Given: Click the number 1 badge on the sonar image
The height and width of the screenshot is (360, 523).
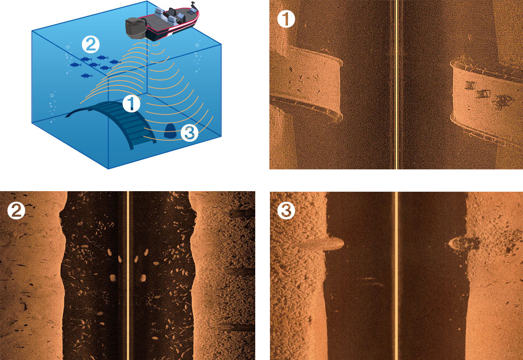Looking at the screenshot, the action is click(286, 18).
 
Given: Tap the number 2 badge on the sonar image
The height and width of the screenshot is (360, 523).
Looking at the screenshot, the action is click(16, 210).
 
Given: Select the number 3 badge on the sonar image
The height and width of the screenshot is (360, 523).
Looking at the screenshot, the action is click(286, 210).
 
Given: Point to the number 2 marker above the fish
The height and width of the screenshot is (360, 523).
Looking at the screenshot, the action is click(91, 45).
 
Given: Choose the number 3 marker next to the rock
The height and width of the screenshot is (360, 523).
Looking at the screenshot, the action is click(189, 132).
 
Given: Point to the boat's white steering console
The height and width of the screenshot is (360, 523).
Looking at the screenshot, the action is click(173, 14).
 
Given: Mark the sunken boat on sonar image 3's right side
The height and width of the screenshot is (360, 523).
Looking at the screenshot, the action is click(464, 244).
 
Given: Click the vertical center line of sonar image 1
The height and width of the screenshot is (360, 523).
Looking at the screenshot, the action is click(396, 85).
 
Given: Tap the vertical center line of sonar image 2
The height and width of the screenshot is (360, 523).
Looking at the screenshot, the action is click(128, 276).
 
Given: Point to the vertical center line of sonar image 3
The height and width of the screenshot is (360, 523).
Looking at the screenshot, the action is click(396, 276).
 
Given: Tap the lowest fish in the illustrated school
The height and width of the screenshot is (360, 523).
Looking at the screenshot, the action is click(86, 75).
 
